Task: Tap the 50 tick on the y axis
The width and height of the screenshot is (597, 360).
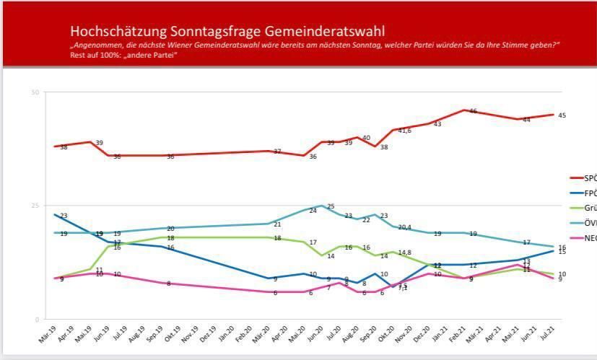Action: tap(34, 92)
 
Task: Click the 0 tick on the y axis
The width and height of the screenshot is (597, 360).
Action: tap(37, 320)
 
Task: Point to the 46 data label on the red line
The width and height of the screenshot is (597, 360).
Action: tap(473, 111)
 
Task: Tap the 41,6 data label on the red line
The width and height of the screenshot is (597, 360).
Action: tap(404, 131)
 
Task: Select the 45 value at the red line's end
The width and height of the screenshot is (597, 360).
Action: tap(562, 115)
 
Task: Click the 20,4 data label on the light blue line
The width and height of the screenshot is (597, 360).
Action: tap(404, 227)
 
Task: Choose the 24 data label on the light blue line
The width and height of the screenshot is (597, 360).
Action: tap(313, 211)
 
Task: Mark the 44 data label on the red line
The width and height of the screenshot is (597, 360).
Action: tap(526, 120)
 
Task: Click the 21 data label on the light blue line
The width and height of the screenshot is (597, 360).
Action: tap(276, 224)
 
